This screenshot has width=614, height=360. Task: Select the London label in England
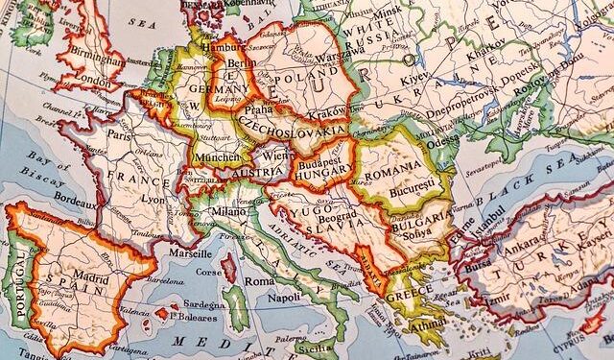tap(92, 82)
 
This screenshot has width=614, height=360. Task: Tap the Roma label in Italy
tap(258, 282)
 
